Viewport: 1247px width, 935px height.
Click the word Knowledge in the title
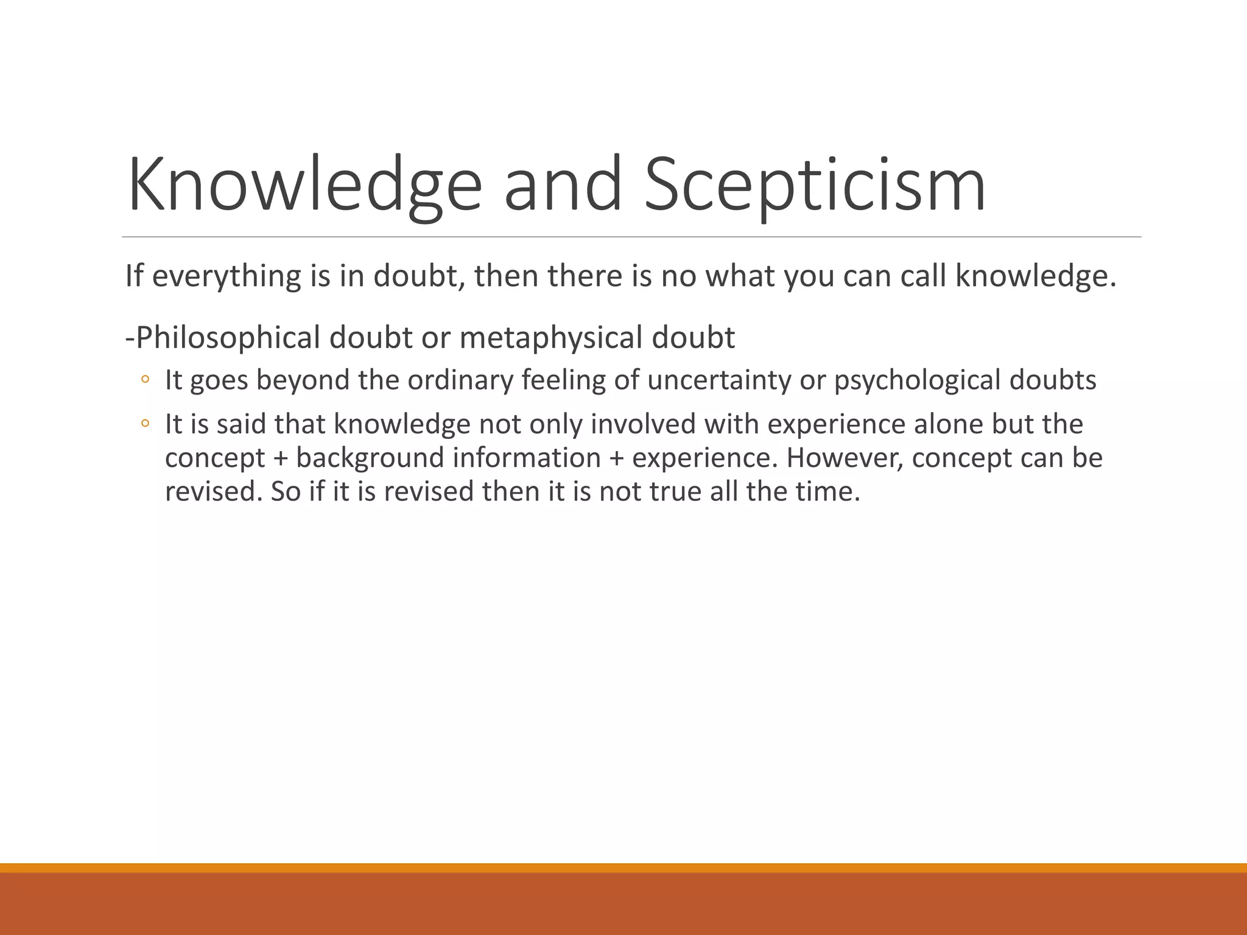coord(304,184)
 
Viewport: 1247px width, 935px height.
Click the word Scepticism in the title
coord(815,184)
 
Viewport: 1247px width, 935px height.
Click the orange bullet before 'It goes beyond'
coord(145,380)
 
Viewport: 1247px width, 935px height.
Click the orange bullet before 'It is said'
coord(145,424)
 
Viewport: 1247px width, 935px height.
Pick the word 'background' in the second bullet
coord(370,458)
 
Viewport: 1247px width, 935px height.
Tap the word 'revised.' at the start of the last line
coord(214,492)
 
